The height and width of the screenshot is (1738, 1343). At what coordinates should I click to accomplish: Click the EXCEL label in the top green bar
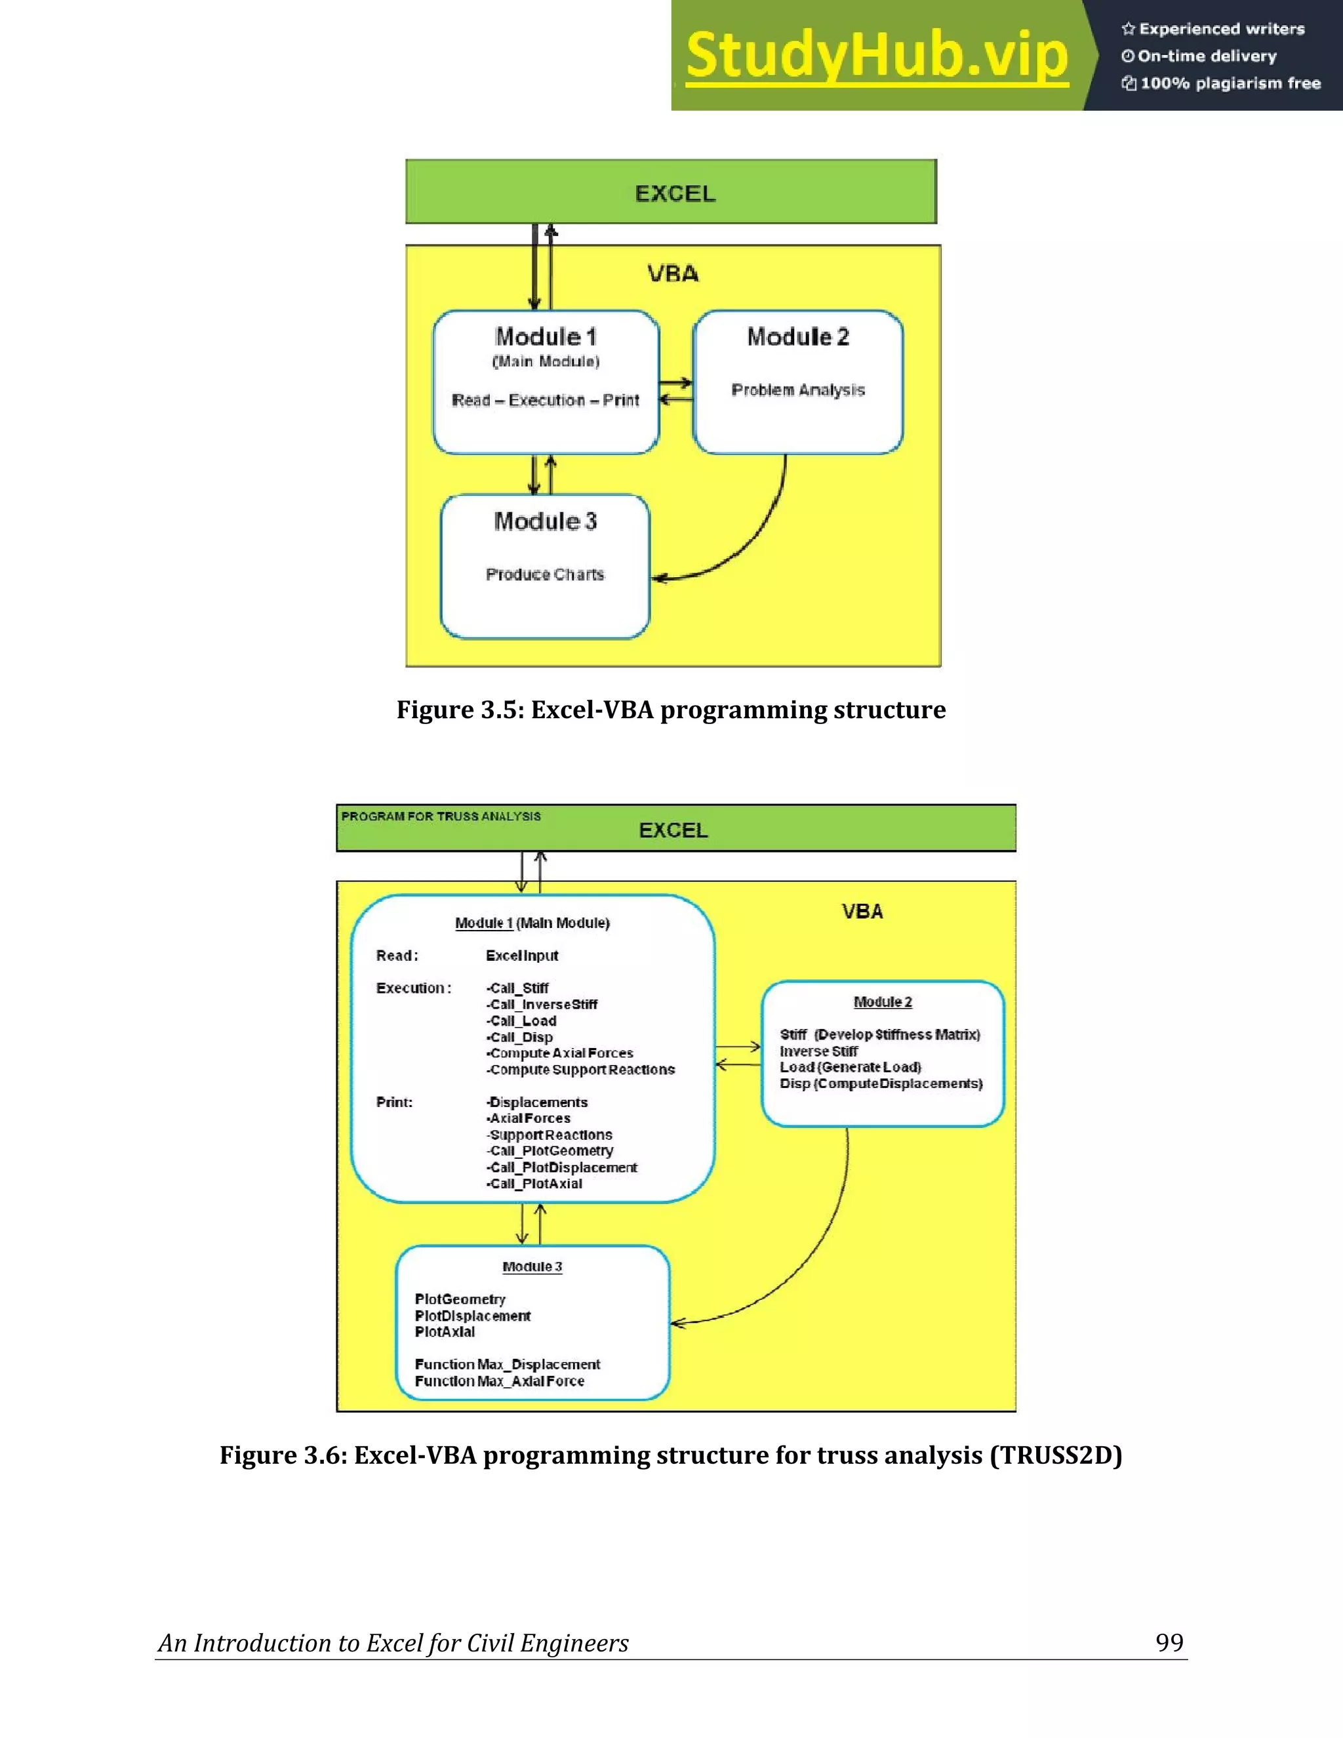675,193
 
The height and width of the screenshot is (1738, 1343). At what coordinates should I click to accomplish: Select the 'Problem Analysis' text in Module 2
798,390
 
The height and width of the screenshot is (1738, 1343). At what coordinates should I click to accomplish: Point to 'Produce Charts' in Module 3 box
545,575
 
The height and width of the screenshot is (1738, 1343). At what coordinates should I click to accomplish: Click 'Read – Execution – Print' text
545,400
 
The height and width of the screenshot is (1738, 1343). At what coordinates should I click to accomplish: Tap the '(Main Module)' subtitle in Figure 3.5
546,362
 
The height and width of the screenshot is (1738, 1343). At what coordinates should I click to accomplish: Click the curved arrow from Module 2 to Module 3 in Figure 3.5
756,533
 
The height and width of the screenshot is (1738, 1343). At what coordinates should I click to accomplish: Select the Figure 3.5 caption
671,709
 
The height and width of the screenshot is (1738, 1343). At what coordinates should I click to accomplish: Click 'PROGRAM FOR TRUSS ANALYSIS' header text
441,817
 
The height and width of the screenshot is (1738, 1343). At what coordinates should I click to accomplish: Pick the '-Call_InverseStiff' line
542,1004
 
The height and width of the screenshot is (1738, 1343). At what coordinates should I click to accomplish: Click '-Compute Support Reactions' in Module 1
581,1070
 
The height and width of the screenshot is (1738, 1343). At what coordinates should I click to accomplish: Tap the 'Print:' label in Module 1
394,1102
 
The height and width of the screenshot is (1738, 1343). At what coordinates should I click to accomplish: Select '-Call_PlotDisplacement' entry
562,1167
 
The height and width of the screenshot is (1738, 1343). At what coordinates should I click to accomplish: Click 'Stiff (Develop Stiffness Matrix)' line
879,1034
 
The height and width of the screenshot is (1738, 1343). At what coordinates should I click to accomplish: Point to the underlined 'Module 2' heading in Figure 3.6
883,1002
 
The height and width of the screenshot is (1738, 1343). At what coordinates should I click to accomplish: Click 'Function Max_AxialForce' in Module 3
500,1381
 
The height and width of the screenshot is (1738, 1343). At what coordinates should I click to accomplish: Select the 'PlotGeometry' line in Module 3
460,1299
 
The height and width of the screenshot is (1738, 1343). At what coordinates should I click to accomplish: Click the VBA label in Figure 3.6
862,912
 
